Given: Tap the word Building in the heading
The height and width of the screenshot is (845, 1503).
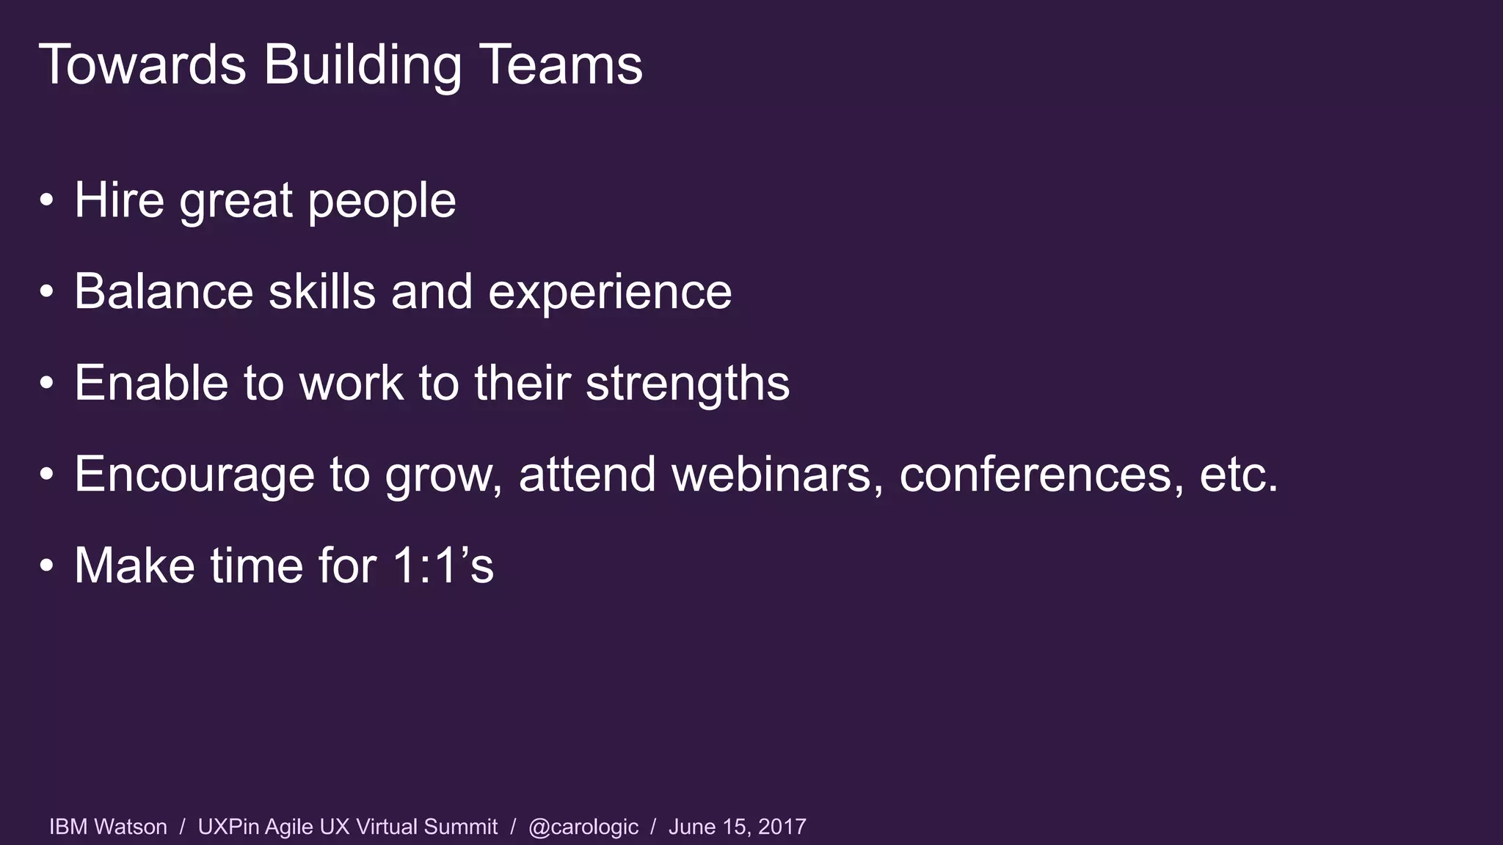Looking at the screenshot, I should [x=363, y=66].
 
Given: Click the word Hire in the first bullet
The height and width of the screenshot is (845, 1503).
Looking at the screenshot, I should [x=119, y=200].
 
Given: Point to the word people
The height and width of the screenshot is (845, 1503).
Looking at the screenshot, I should [x=382, y=201].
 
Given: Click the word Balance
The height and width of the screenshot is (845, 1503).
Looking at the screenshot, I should [x=164, y=291].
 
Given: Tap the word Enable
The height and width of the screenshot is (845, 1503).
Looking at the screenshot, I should [x=151, y=383].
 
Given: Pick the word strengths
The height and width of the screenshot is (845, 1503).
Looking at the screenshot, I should [x=688, y=384].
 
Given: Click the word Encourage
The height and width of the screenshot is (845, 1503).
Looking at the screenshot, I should [x=194, y=475].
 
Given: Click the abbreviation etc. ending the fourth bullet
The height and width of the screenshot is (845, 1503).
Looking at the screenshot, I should [x=1239, y=474].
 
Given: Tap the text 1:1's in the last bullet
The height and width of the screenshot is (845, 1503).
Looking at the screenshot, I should [x=443, y=566].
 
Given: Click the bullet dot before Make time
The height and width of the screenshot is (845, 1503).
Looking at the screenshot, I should [x=47, y=566].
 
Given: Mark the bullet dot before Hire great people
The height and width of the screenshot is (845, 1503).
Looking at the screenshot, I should [x=47, y=200].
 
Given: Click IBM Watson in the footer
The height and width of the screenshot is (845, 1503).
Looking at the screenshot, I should [x=108, y=827].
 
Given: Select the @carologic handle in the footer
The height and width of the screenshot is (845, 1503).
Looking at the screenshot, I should [x=583, y=827].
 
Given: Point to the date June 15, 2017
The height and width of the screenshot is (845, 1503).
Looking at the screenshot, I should [x=737, y=827].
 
